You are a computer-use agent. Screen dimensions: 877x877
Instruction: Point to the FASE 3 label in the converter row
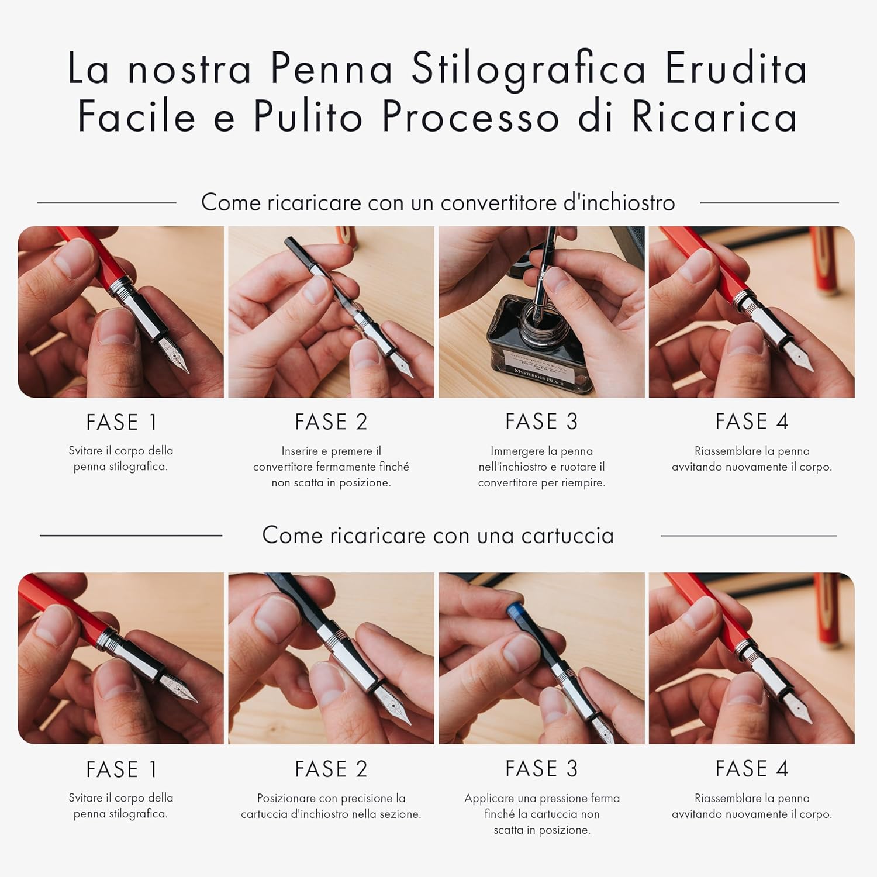pyautogui.click(x=541, y=422)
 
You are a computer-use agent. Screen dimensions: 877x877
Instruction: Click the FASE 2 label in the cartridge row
pyautogui.click(x=331, y=769)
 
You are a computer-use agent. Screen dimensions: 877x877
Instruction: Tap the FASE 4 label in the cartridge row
pyautogui.click(x=752, y=769)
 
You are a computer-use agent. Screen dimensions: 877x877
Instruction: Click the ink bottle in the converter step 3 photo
pyautogui.click(x=539, y=346)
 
